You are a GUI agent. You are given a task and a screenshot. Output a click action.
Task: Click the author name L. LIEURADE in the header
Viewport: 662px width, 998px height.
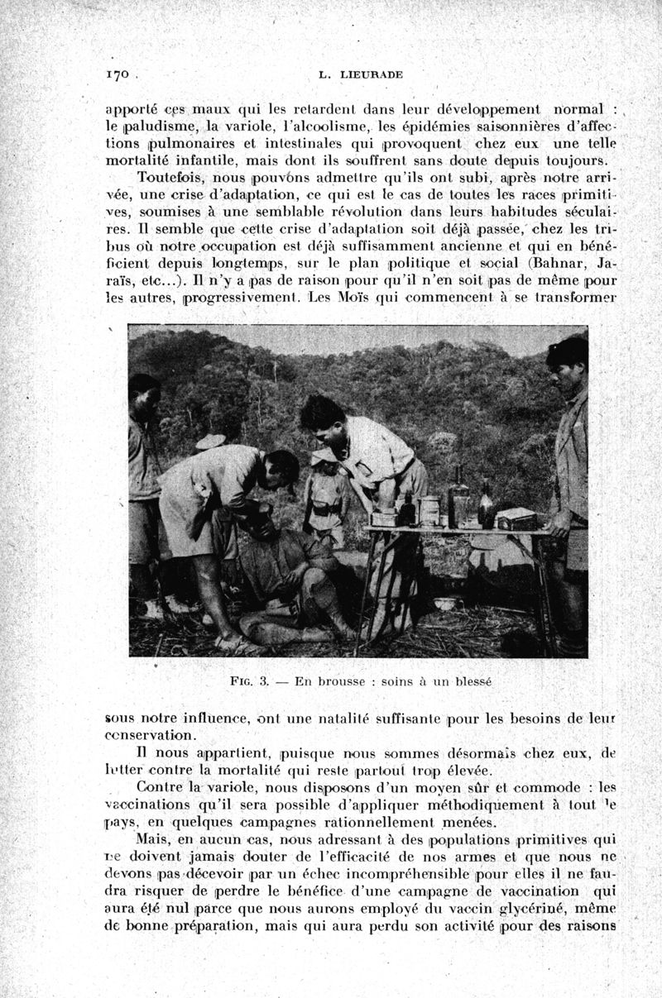[x=360, y=74]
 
